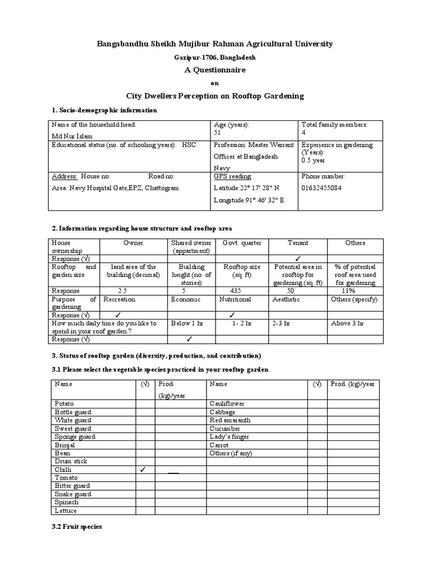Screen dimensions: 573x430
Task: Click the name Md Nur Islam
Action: [x=72, y=135]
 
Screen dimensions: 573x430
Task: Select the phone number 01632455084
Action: [x=321, y=188]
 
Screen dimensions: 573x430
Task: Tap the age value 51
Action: [x=218, y=133]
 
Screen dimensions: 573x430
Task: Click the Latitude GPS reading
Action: [x=246, y=188]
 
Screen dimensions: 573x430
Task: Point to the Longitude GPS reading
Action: [x=249, y=200]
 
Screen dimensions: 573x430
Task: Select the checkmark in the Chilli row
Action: [x=143, y=470]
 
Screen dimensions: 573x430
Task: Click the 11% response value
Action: [x=348, y=291]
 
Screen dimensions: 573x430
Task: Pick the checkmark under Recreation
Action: [x=118, y=315]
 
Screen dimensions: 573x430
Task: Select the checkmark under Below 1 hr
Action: [x=189, y=339]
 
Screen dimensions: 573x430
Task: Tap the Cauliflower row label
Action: [x=228, y=403]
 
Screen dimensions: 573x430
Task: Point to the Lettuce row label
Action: [x=66, y=511]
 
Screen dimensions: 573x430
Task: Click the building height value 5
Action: [x=183, y=291]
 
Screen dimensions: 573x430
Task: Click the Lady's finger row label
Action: [x=229, y=437]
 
